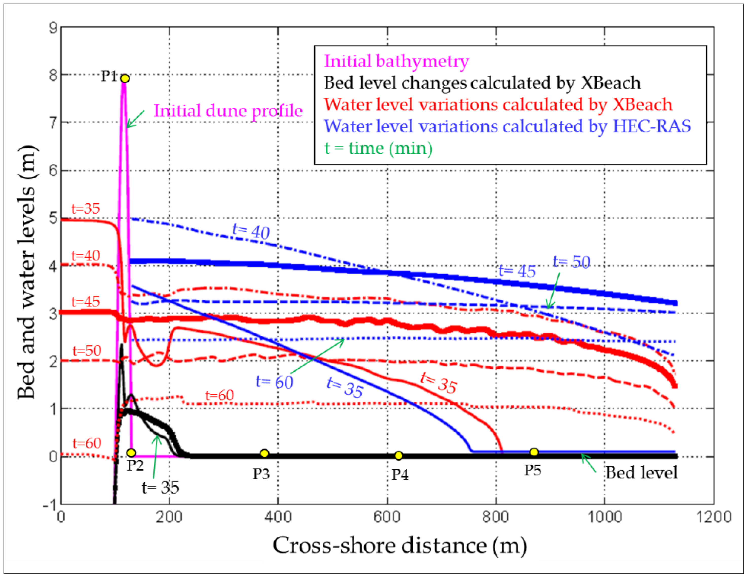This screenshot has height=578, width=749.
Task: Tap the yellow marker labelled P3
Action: coord(264,453)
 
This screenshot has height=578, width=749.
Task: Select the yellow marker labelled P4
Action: coord(398,455)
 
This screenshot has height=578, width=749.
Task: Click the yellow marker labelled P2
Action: coord(131,453)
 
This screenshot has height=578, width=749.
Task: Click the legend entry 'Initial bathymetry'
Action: coord(396,61)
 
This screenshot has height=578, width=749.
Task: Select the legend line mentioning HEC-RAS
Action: coord(507,126)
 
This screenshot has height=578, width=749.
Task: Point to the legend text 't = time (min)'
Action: coord(378,148)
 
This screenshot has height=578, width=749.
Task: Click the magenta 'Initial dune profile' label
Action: coord(228,111)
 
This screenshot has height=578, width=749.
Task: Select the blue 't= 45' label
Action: coord(517,270)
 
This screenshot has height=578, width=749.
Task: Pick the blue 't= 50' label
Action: coord(571,262)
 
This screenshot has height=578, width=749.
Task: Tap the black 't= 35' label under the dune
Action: coord(160,487)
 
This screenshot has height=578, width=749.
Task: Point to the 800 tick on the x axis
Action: coord(496,517)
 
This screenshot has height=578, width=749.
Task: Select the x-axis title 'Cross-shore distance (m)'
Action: coord(399,545)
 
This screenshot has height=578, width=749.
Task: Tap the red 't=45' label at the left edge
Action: coord(85,302)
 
